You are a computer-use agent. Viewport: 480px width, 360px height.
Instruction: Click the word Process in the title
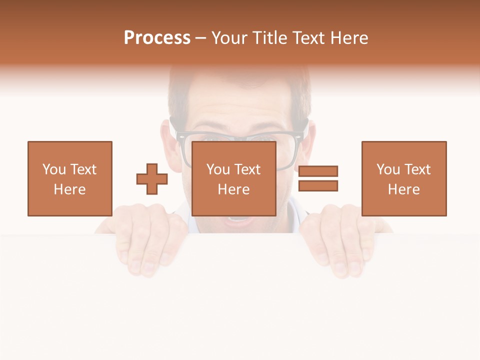click(157, 38)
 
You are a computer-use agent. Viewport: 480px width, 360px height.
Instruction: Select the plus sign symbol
click(152, 178)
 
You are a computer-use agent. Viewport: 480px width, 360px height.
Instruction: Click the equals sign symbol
click(318, 178)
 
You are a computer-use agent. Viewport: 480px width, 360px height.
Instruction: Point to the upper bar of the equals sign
click(318, 171)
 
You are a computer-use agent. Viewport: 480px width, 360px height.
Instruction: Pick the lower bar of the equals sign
click(318, 186)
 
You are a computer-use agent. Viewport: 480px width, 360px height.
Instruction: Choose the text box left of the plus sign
click(69, 178)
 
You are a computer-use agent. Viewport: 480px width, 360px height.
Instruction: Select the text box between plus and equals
click(233, 178)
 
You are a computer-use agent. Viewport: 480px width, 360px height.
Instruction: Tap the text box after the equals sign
click(403, 178)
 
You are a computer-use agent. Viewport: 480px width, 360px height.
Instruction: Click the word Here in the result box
click(403, 189)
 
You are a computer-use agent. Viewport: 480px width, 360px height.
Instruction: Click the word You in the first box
click(54, 169)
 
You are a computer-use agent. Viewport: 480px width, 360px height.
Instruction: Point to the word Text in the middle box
click(247, 169)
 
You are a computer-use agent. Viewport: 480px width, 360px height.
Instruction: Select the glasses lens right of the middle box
click(290, 150)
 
